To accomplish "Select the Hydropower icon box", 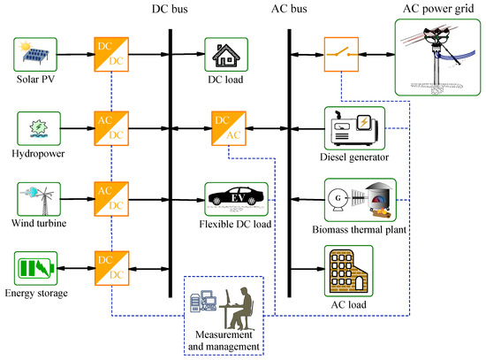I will click(36, 126).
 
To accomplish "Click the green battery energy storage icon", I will click(36, 267).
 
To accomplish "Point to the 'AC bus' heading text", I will click(288, 10).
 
